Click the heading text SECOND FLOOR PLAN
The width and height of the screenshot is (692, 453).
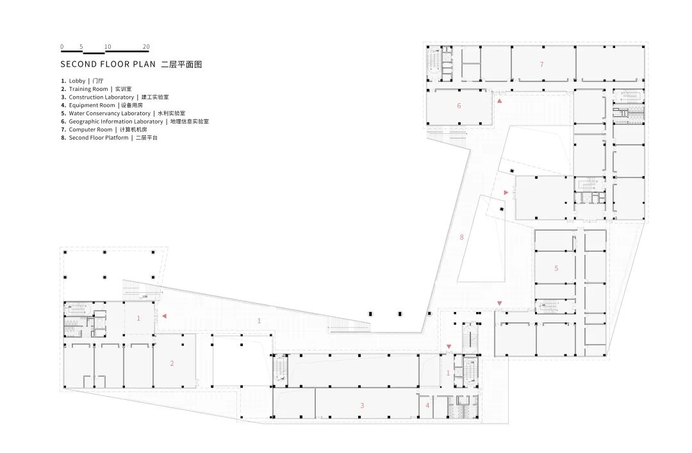coord(108,65)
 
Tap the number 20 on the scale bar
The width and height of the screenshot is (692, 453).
coord(146,47)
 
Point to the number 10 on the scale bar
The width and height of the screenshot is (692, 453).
coord(108,47)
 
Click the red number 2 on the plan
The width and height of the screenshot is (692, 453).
coord(172,363)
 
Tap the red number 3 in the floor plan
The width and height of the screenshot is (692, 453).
coord(362,405)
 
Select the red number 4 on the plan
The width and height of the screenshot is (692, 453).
coord(427,405)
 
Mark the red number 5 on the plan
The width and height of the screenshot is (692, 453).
coord(556,268)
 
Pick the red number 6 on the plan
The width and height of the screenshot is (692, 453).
coord(459,106)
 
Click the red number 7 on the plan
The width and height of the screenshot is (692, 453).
coord(541,64)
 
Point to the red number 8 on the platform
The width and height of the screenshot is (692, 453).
coord(461,238)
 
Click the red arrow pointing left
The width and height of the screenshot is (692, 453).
coord(165,315)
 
